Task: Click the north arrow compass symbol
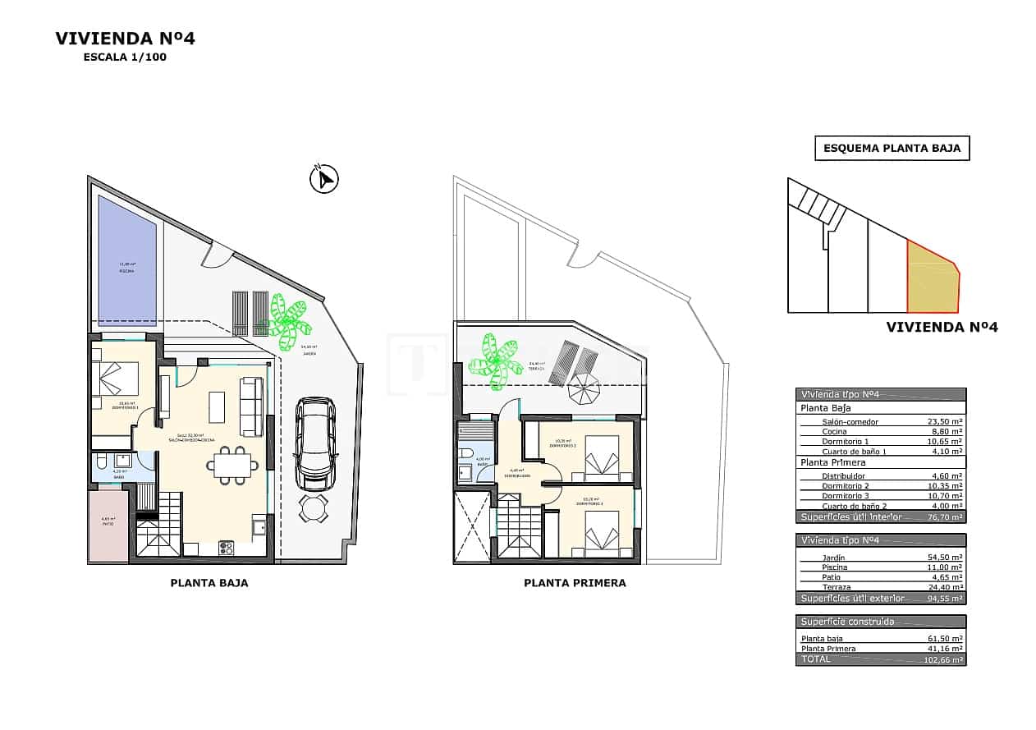click(x=324, y=179)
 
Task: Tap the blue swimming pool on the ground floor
click(x=127, y=260)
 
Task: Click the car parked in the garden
click(x=315, y=443)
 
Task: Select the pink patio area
click(x=108, y=526)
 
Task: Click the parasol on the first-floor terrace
click(x=584, y=388)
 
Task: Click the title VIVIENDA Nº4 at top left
click(x=125, y=39)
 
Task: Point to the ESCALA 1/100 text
click(x=125, y=57)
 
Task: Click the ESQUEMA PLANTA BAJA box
click(x=892, y=149)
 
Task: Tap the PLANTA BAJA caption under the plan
click(x=209, y=583)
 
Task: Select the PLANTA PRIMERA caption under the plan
click(x=575, y=583)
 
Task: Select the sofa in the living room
click(x=252, y=406)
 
